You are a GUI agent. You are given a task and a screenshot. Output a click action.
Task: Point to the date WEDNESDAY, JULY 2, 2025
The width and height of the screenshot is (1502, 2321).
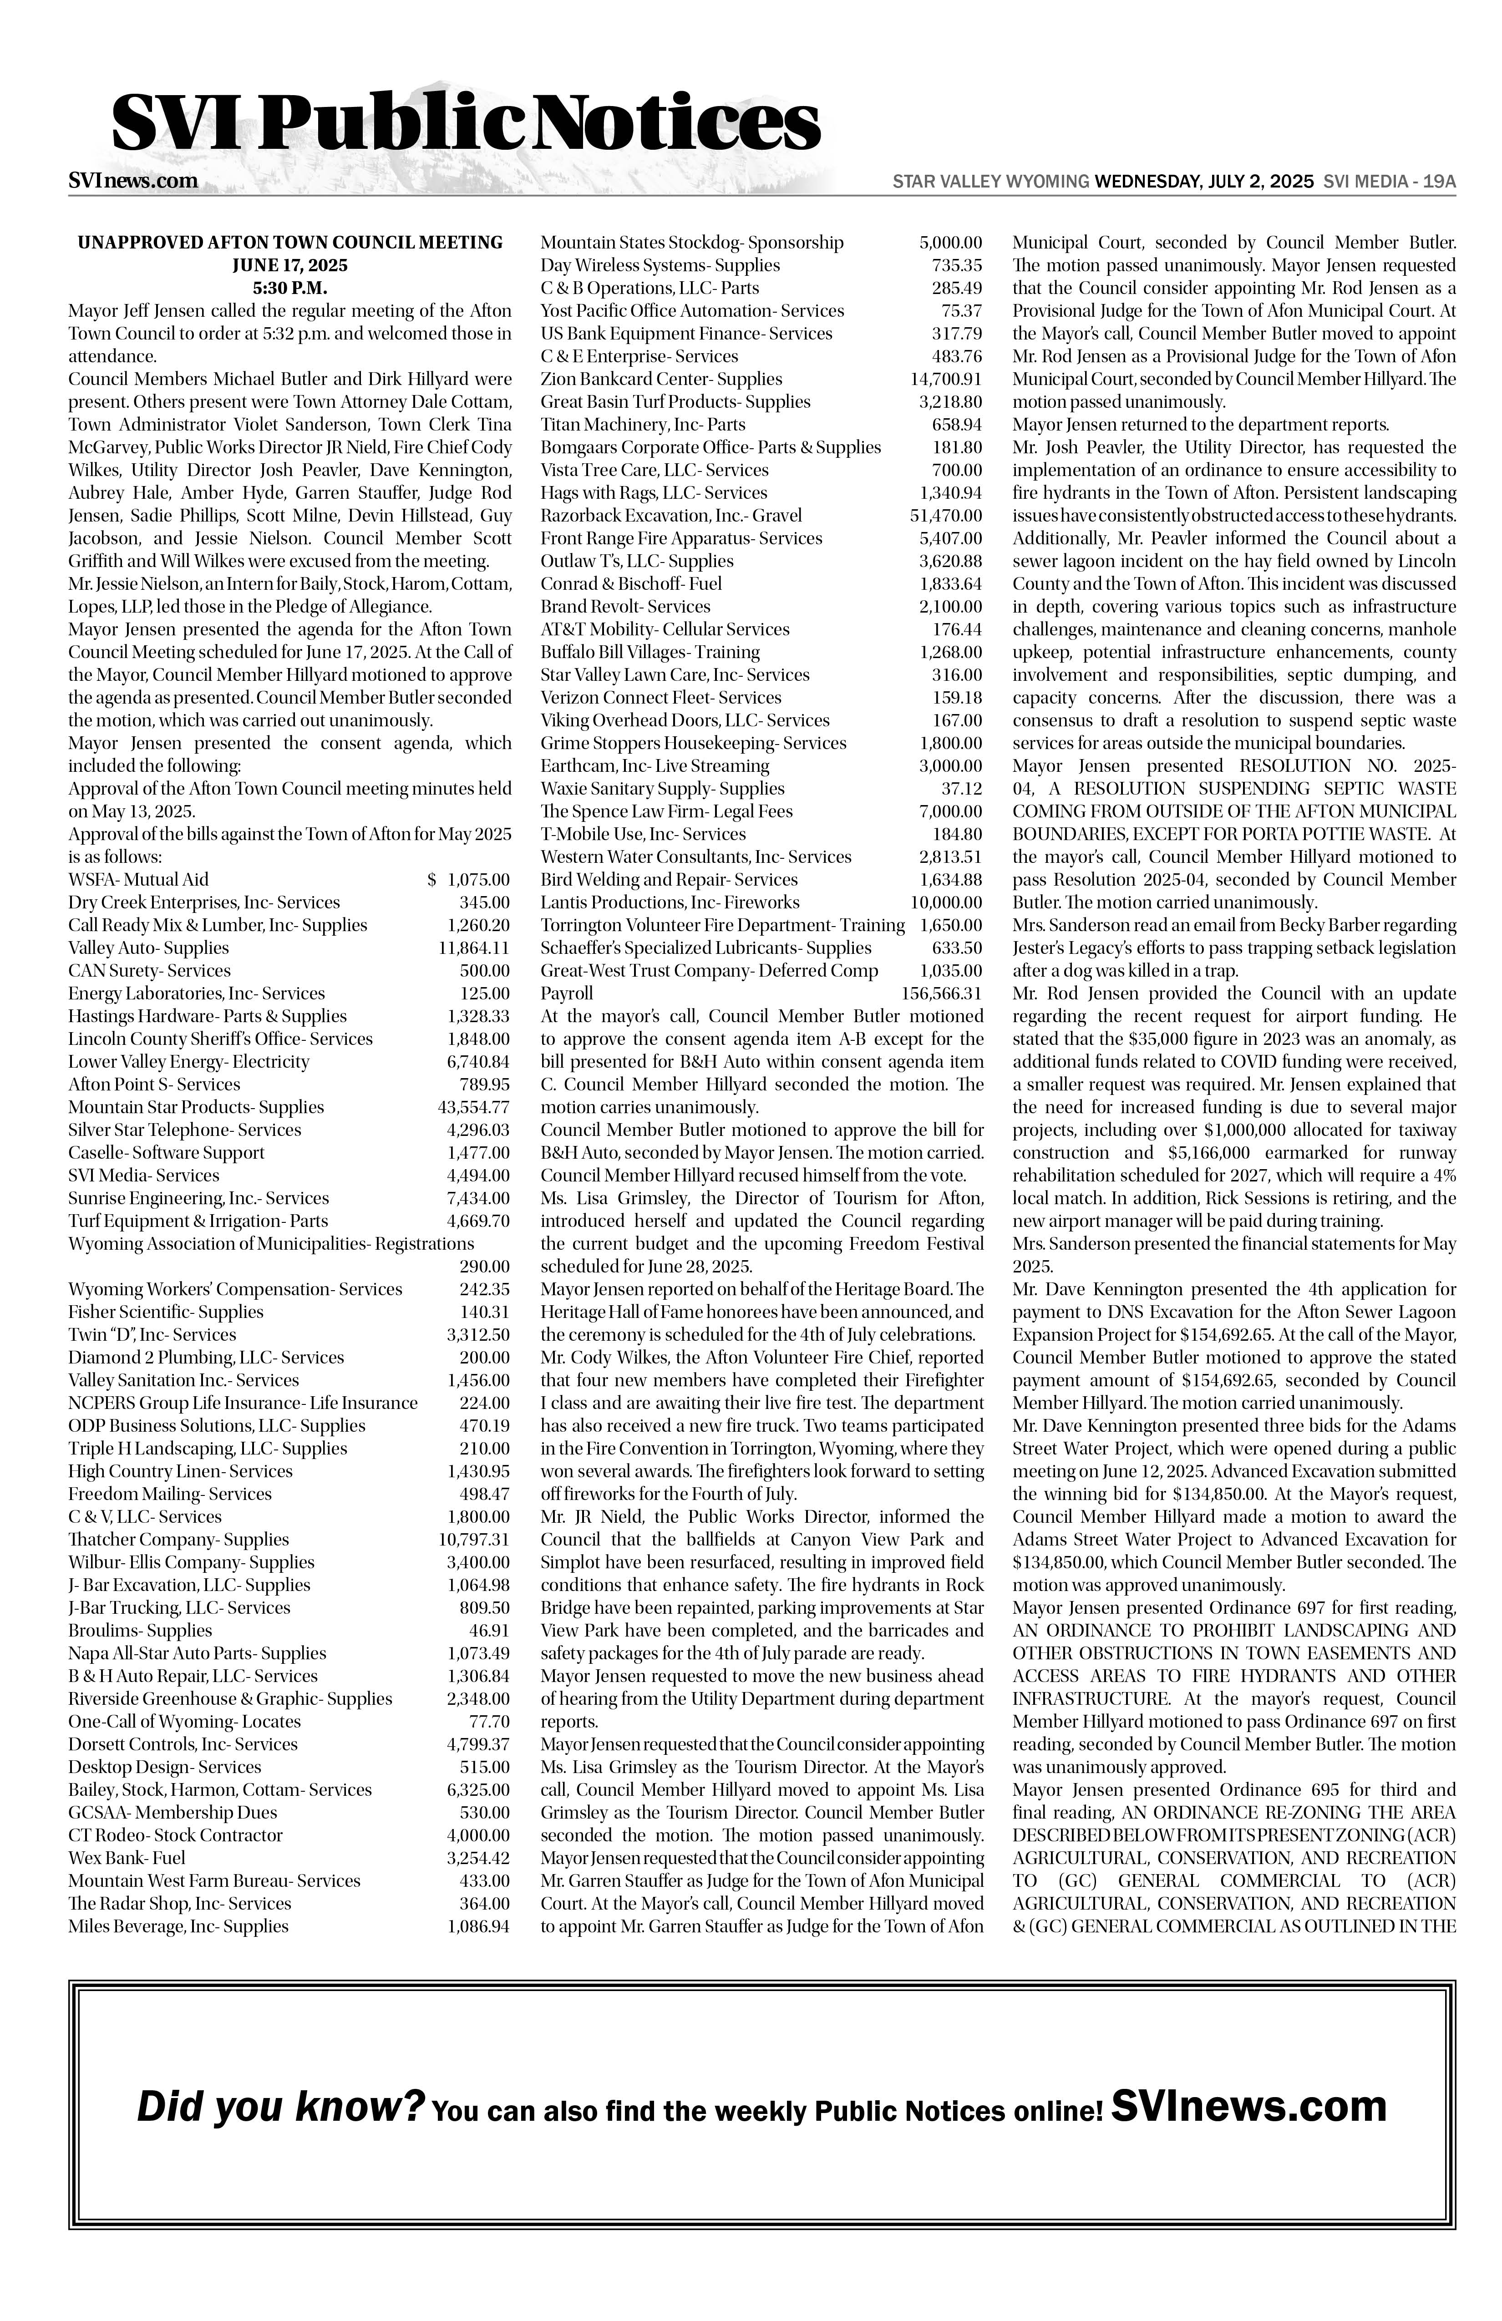(x=1204, y=182)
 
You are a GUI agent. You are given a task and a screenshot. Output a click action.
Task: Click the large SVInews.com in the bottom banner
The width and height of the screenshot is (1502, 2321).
(x=1248, y=2104)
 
